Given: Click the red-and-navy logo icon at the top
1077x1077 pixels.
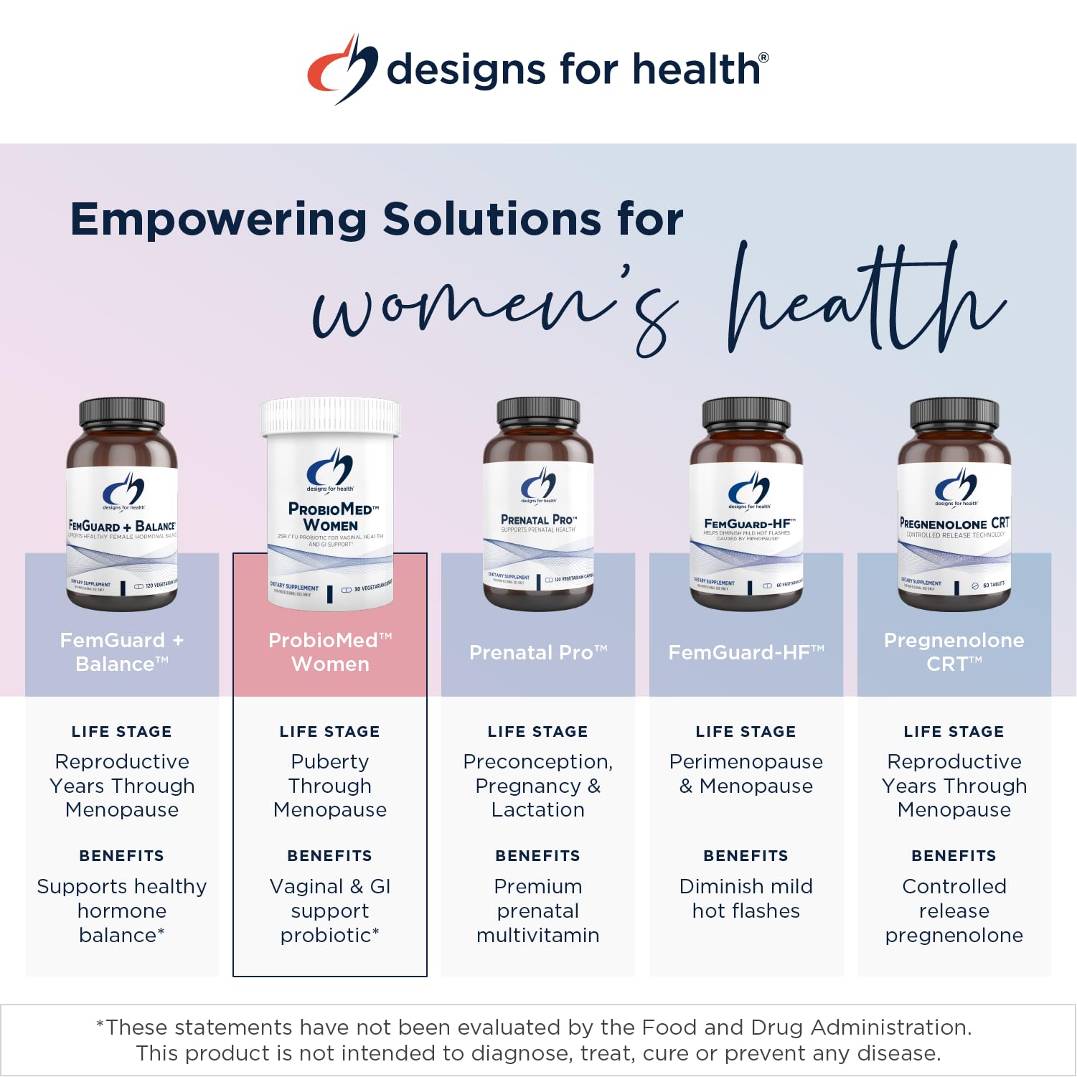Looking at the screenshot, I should (x=342, y=69).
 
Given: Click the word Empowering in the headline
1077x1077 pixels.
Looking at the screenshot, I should (x=218, y=219).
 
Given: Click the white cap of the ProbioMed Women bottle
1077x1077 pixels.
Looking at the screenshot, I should (x=330, y=415).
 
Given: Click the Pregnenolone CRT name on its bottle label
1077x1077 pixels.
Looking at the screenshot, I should (x=954, y=523).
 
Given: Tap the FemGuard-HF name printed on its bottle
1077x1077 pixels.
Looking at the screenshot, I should (x=747, y=523).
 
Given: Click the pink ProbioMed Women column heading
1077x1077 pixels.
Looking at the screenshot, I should (x=330, y=652).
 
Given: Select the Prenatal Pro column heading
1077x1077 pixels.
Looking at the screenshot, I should (x=538, y=652).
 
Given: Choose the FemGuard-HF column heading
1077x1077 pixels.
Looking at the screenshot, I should (x=746, y=652).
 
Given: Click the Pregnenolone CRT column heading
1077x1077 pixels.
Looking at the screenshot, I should (x=954, y=652).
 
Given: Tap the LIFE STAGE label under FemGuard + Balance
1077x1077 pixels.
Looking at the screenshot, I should (x=122, y=731).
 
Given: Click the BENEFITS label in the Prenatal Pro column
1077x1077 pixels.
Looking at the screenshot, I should (x=538, y=855).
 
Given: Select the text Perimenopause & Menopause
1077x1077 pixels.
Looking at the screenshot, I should (x=746, y=773).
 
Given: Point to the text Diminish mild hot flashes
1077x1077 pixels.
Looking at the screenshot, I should (x=746, y=898).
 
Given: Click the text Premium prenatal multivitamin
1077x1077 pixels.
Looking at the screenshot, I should (x=538, y=911).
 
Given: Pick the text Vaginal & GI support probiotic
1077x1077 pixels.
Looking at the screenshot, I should (x=330, y=911).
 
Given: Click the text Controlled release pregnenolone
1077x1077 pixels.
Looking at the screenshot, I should (x=954, y=911).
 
